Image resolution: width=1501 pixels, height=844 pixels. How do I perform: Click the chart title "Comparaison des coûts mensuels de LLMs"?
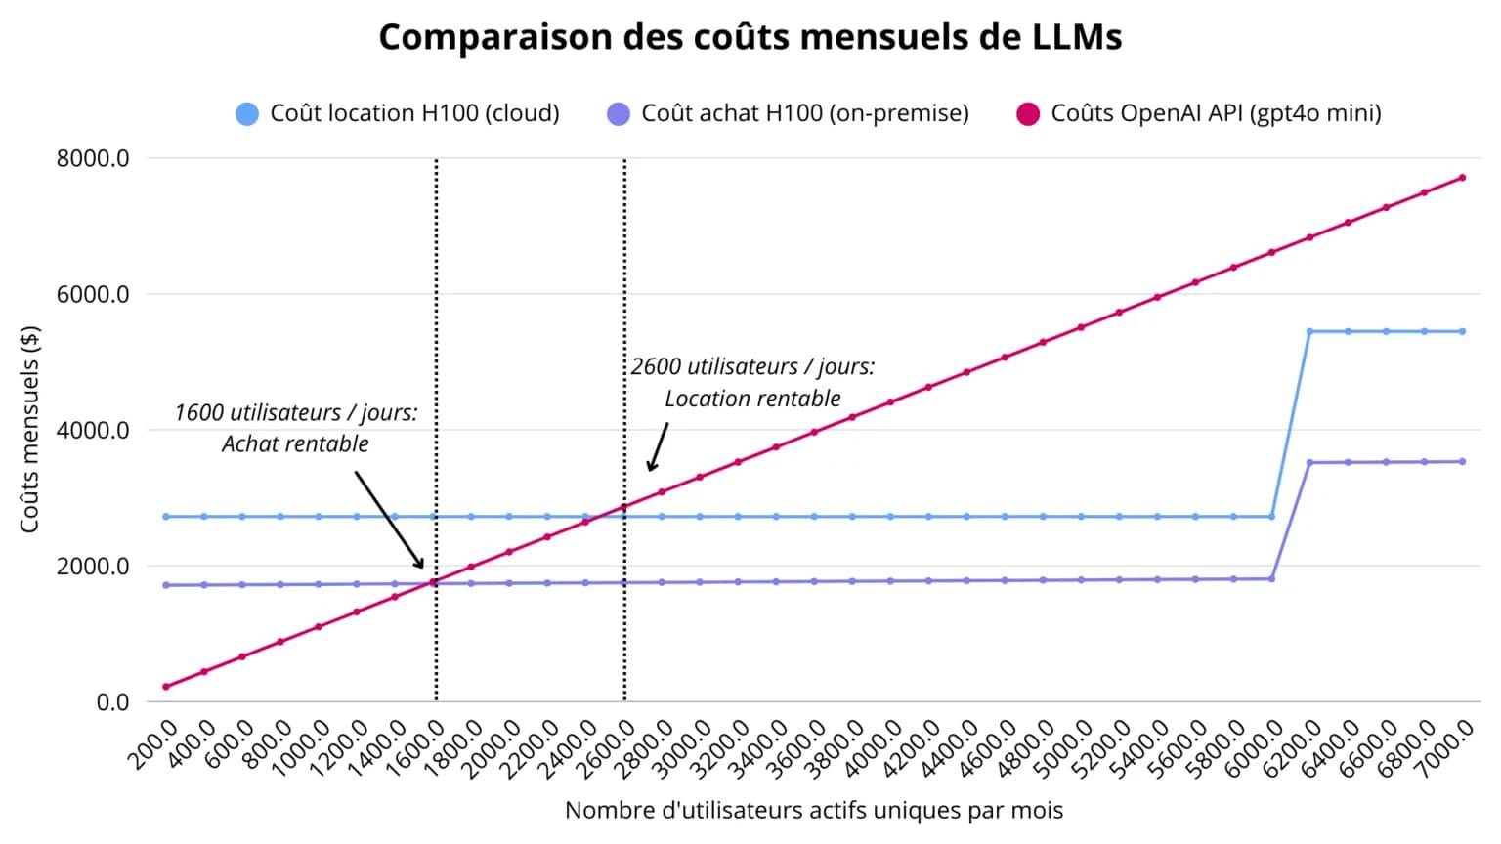click(x=750, y=37)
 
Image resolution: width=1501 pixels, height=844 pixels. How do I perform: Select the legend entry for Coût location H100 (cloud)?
click(x=398, y=113)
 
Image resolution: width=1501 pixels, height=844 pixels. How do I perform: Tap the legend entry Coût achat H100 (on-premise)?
click(x=788, y=113)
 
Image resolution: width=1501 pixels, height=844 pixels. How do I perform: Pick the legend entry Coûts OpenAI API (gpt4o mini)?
click(x=1199, y=113)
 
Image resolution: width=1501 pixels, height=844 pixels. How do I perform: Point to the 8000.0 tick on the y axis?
click(x=93, y=158)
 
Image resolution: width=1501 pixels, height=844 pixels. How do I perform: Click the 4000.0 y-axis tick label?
click(x=93, y=430)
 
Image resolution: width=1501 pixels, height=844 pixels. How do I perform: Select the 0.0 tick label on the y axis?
click(x=112, y=701)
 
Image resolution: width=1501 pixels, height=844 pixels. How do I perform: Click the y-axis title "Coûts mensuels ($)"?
click(x=30, y=429)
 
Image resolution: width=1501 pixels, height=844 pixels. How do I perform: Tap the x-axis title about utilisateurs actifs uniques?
click(x=813, y=810)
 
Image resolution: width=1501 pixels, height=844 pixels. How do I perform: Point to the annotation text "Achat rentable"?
click(x=295, y=444)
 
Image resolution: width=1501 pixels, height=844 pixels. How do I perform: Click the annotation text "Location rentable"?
click(x=752, y=399)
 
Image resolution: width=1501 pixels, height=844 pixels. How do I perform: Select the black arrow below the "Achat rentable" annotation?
click(x=389, y=519)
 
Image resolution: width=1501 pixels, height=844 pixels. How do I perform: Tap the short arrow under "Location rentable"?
click(x=658, y=447)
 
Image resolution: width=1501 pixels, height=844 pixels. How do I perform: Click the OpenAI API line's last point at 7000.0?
click(x=1462, y=178)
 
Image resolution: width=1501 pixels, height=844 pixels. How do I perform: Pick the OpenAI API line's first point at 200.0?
click(x=166, y=687)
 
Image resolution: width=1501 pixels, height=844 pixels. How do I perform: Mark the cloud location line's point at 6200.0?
click(x=1309, y=332)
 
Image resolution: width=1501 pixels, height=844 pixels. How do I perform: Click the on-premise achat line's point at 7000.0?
click(x=1462, y=462)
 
